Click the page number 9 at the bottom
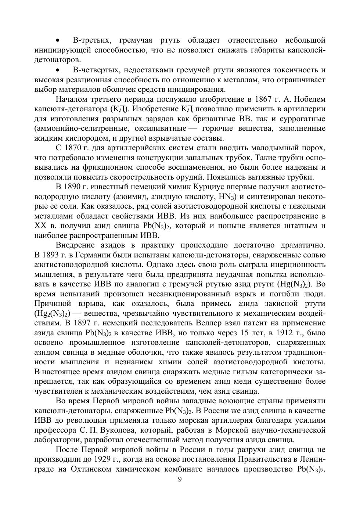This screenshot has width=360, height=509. point(180,479)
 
